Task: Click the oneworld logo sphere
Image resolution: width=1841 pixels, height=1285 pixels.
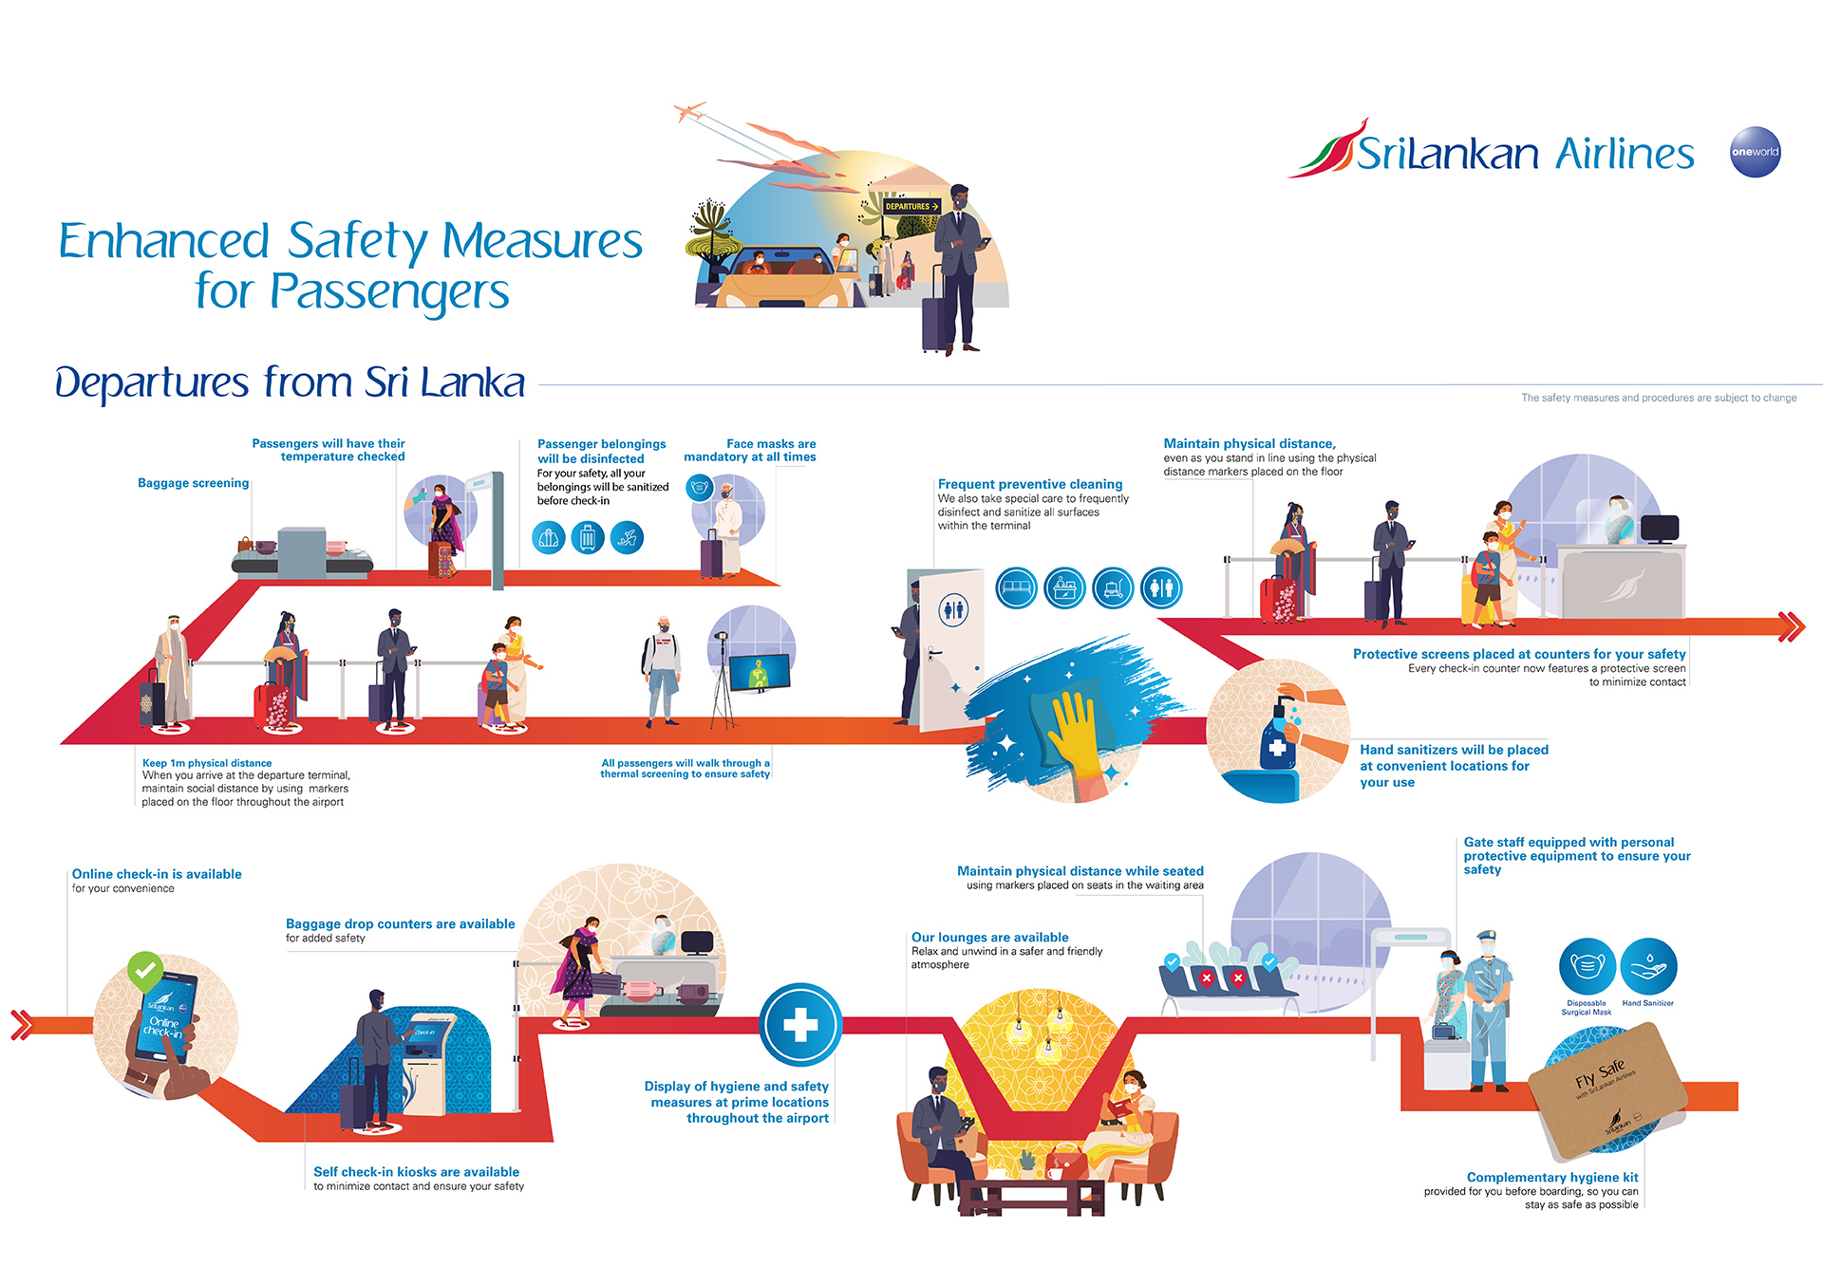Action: pos(1755,152)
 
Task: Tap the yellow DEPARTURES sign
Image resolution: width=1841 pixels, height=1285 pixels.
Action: pos(911,206)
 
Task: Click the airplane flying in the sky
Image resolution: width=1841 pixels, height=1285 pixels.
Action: pos(690,112)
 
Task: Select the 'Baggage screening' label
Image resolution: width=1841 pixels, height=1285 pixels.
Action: pos(193,483)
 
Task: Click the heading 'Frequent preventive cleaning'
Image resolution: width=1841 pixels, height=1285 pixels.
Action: pos(1030,484)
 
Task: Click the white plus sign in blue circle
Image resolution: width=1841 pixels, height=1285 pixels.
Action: pos(800,1025)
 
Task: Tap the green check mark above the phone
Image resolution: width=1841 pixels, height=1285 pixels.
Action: pos(145,971)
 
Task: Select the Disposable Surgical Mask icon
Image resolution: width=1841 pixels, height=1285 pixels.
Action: pos(1587,967)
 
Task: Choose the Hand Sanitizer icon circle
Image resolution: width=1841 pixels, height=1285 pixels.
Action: pos(1648,967)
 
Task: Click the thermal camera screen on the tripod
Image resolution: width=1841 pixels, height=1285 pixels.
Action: pos(759,672)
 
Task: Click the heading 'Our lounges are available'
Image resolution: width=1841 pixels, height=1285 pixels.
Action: pos(989,937)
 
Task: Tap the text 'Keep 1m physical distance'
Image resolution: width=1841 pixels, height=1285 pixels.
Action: pos(207,763)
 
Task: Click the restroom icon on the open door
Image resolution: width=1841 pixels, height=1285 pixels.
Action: pos(953,609)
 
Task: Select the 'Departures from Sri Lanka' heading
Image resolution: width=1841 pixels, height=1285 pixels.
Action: pos(290,382)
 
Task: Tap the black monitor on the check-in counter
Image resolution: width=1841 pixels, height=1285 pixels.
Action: pos(1660,528)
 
